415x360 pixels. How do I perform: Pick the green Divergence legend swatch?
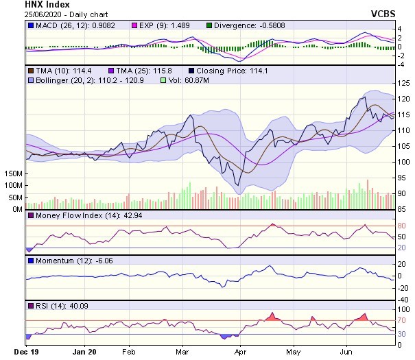point(209,25)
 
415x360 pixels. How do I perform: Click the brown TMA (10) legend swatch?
point(30,71)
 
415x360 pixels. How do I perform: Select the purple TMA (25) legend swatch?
point(112,71)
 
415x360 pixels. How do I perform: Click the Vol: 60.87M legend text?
point(187,81)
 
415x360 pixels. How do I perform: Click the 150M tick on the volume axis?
point(12,174)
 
